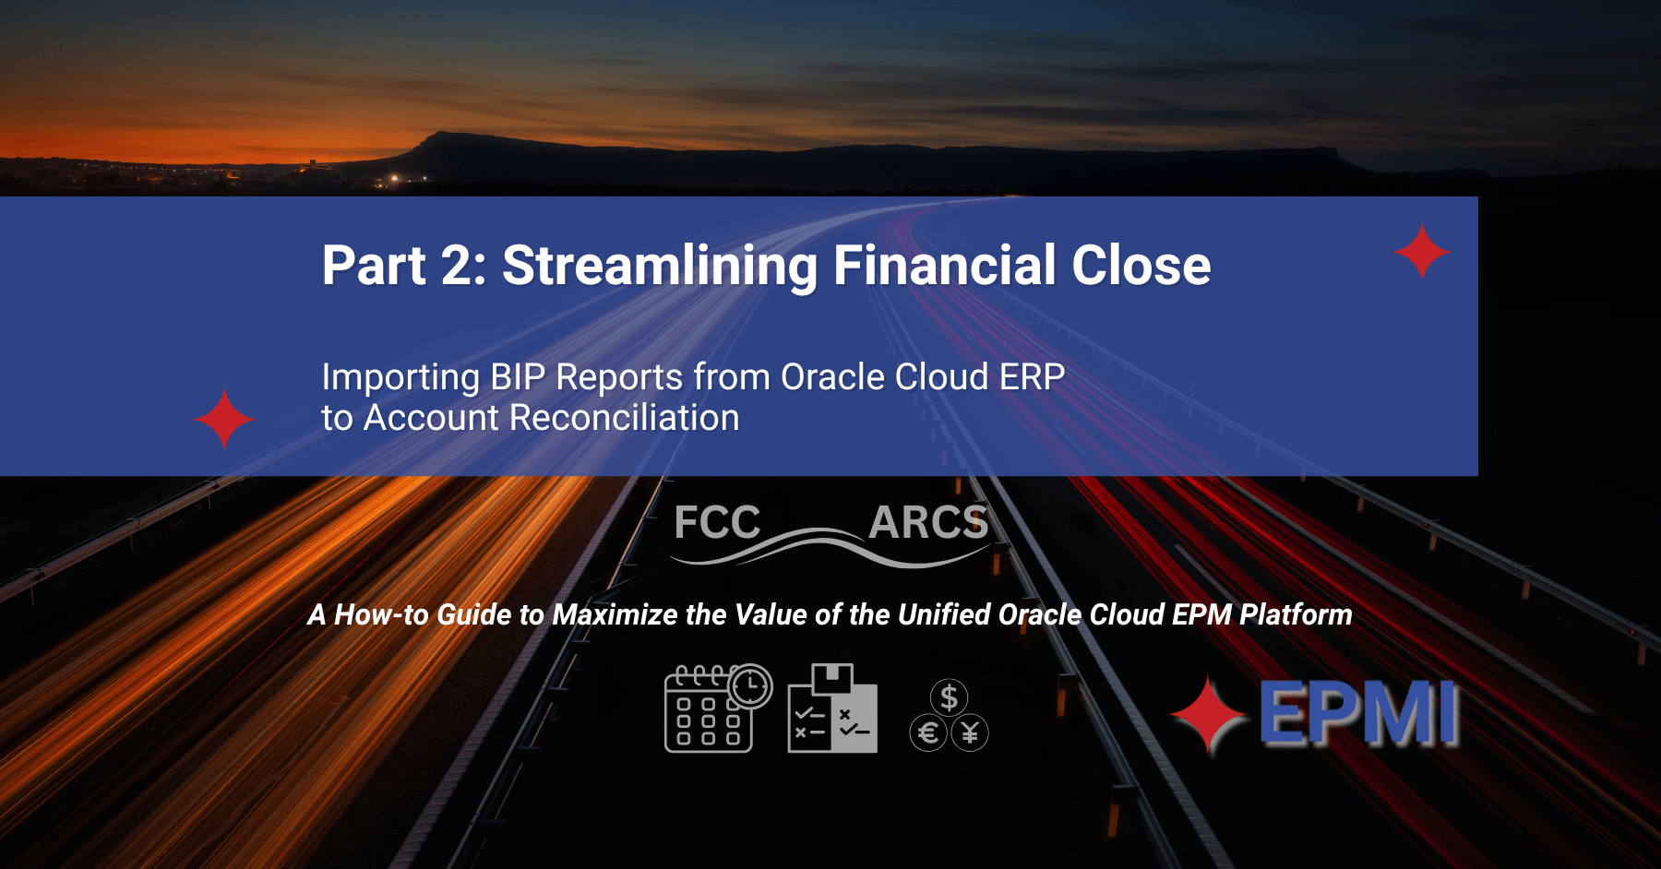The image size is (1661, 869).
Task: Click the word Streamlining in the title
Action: point(659,267)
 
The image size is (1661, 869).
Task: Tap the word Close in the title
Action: point(1141,267)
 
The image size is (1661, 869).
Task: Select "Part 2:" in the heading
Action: point(403,267)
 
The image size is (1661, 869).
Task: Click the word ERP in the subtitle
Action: point(1032,377)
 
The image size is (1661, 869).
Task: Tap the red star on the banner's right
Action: point(1421,251)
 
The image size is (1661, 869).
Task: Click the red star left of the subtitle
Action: point(224,419)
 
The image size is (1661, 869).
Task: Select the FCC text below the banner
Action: point(717,523)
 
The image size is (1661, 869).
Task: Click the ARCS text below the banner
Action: point(928,523)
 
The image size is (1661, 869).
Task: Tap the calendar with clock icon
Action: point(716,708)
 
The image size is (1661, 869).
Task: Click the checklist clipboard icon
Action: point(832,708)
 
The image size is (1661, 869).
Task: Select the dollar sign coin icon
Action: point(949,697)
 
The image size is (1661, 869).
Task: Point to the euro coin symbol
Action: point(928,733)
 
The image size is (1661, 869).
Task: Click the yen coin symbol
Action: point(970,733)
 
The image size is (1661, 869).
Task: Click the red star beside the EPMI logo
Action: point(1209,715)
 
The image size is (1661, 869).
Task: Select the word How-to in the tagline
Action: point(381,615)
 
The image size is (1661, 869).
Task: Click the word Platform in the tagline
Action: point(1296,615)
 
